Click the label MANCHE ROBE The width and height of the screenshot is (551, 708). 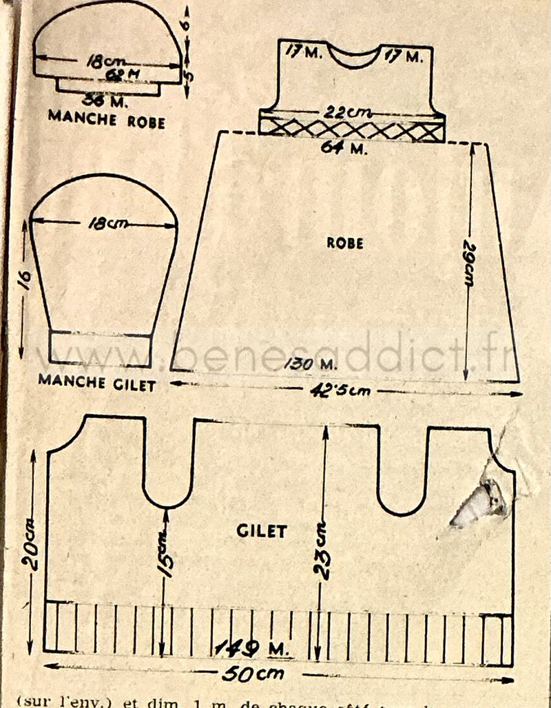click(106, 117)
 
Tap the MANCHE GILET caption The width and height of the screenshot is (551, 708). click(96, 382)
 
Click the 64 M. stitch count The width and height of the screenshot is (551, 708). click(344, 147)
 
